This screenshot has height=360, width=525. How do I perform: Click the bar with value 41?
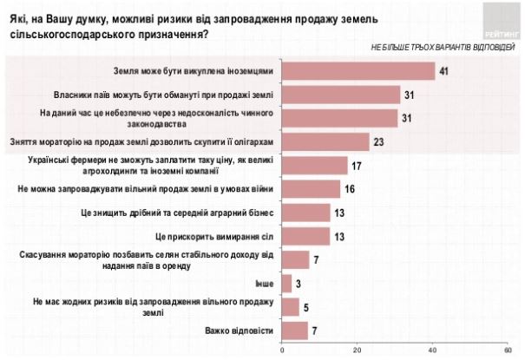tap(358, 71)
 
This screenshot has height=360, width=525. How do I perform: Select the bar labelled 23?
tap(325, 141)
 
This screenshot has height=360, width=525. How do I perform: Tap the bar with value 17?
tap(314, 165)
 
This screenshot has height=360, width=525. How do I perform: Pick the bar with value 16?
tap(312, 188)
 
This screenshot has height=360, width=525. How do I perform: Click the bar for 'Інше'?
tap(287, 282)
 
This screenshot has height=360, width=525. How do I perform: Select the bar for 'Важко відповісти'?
tap(295, 330)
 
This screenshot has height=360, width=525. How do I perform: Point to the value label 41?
tap(443, 71)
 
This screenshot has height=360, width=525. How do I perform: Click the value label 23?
tap(377, 141)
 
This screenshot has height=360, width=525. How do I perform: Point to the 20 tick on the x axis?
tap(358, 350)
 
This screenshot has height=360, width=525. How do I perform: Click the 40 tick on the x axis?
tap(433, 350)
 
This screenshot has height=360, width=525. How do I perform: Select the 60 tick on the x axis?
tap(508, 350)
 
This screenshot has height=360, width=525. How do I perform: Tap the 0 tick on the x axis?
tap(283, 350)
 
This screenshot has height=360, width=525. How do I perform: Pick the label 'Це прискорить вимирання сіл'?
tap(217, 235)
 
